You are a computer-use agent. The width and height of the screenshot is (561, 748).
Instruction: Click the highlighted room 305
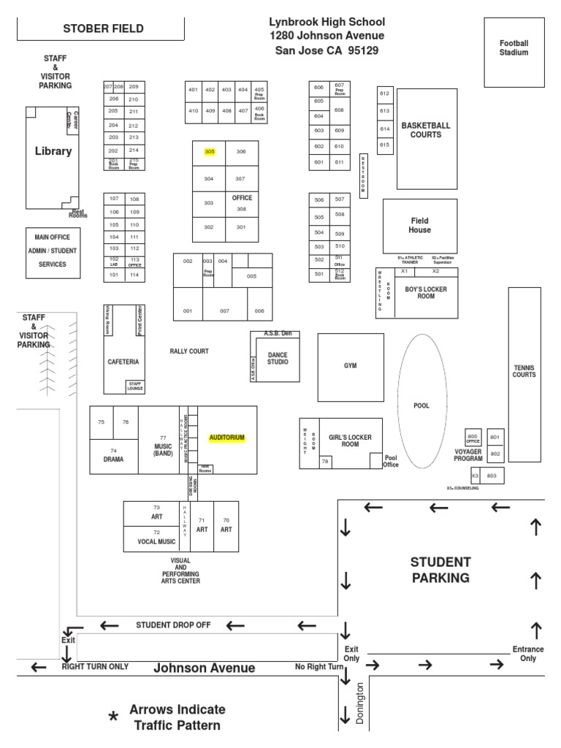(x=210, y=152)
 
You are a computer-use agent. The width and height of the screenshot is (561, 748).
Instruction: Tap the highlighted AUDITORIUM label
(x=226, y=438)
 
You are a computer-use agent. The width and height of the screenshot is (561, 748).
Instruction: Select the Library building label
(x=53, y=152)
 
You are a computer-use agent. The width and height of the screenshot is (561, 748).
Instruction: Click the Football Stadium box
(x=514, y=48)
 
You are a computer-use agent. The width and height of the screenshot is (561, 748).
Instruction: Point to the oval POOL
(x=421, y=406)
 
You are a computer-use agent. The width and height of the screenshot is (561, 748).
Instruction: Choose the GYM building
(x=351, y=365)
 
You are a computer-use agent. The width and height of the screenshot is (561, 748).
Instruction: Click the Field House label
(x=419, y=225)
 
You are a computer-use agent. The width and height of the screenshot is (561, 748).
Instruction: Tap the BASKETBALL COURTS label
(x=426, y=130)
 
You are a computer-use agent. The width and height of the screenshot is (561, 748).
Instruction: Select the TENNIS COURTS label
(x=524, y=370)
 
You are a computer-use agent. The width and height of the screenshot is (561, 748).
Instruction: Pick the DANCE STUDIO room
(x=278, y=357)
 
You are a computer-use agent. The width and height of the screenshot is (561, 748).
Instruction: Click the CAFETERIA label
(x=123, y=362)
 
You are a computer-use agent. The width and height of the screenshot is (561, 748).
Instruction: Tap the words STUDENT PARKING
(x=440, y=570)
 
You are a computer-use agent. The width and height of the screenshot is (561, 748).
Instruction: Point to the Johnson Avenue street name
(x=204, y=668)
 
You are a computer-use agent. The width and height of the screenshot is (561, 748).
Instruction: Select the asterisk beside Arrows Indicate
(x=113, y=718)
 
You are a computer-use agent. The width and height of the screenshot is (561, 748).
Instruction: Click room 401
(x=193, y=90)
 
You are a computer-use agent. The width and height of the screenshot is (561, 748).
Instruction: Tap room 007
(x=225, y=310)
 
